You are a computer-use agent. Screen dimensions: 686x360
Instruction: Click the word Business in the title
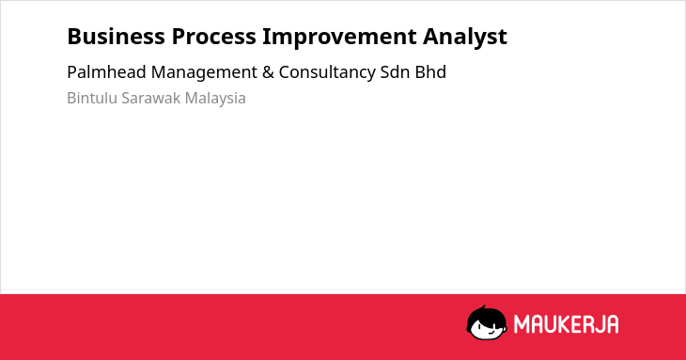click(x=116, y=37)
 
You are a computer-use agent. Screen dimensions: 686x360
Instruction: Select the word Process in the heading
click(x=214, y=37)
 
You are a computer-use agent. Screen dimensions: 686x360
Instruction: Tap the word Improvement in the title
click(x=339, y=37)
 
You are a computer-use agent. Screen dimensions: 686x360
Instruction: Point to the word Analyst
click(x=465, y=38)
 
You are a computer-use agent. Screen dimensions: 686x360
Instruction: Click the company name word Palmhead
click(x=107, y=72)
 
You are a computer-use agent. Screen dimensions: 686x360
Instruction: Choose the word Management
click(x=204, y=72)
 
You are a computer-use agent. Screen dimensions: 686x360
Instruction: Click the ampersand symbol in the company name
click(x=268, y=72)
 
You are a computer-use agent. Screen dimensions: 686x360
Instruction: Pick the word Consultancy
click(x=327, y=72)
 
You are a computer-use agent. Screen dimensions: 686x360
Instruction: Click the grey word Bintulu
click(x=92, y=98)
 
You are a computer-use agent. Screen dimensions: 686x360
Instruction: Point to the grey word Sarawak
click(x=151, y=98)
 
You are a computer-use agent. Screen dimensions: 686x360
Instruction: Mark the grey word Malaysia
click(x=215, y=99)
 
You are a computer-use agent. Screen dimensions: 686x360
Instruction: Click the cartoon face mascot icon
click(x=487, y=322)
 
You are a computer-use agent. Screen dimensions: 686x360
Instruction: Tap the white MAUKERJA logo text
click(x=566, y=324)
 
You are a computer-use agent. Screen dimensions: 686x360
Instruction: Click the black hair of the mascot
click(x=486, y=313)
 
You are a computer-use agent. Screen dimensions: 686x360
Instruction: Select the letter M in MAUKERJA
click(x=522, y=324)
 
